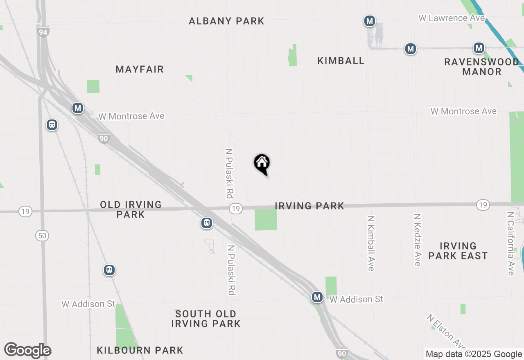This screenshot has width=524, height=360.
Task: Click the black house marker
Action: click(x=262, y=164)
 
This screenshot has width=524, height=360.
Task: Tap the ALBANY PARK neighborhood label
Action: click(x=226, y=21)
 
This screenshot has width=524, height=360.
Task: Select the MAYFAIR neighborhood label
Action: click(x=140, y=69)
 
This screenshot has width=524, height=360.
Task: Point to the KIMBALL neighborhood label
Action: click(x=341, y=61)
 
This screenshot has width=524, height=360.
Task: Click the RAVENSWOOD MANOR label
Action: click(x=482, y=67)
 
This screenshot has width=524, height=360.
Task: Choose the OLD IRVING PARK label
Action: click(x=131, y=209)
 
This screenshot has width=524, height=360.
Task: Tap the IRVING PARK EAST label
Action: click(x=458, y=251)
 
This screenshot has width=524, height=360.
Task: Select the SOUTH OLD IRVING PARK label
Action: click(x=206, y=319)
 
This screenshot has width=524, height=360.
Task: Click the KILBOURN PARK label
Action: click(x=140, y=350)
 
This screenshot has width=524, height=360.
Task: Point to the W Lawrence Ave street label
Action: click(x=451, y=18)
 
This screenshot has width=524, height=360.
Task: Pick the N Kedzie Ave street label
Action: click(x=417, y=240)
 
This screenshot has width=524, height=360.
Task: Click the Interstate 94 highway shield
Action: click(x=43, y=32)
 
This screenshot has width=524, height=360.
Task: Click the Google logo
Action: click(x=27, y=351)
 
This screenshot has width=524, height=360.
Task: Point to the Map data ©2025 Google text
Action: click(x=474, y=354)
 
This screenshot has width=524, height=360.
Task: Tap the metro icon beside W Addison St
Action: click(x=317, y=297)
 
